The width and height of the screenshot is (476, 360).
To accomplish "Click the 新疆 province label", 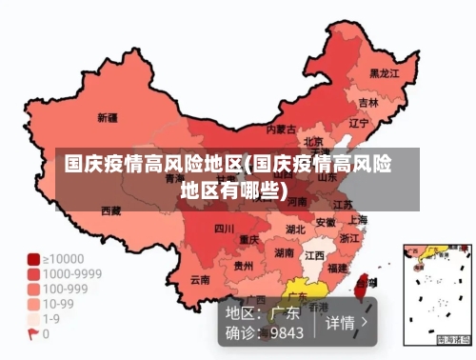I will click(107, 118).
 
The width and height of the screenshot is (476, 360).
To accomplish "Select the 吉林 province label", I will click(368, 102).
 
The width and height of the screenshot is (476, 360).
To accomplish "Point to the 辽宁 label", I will click(358, 123).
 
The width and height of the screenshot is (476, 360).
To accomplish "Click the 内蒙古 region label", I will click(280, 129).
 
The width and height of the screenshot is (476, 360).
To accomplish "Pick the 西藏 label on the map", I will click(110, 210).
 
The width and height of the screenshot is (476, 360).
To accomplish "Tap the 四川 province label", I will click(224, 229).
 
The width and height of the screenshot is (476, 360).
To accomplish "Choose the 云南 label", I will click(200, 280).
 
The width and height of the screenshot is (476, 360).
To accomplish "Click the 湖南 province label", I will click(284, 253).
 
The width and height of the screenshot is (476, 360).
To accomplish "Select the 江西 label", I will click(314, 256).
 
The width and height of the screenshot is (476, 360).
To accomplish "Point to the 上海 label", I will click(359, 219).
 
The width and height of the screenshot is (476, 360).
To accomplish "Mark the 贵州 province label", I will click(244, 266).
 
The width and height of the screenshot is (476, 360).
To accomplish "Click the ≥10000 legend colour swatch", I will click(33, 259).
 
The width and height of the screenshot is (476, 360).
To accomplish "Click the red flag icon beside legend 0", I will click(33, 334).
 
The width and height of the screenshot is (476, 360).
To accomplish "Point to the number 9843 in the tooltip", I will click(286, 333).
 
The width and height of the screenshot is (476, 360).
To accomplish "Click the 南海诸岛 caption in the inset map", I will click(453, 339).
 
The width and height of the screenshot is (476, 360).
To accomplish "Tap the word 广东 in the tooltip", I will click(286, 312).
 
